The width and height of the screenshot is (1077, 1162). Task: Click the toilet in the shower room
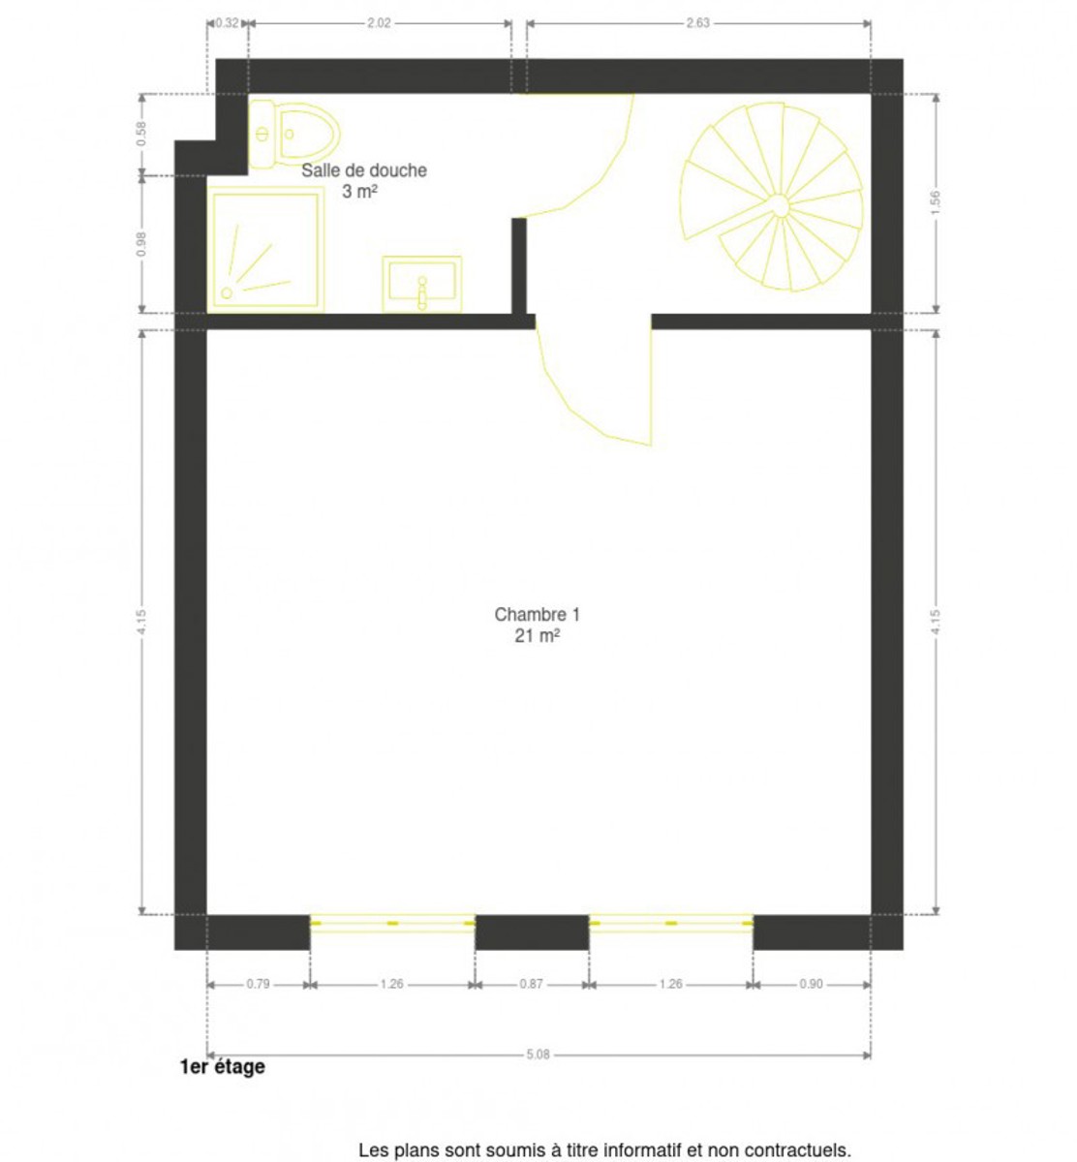294,134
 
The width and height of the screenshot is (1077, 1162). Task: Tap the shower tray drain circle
227,292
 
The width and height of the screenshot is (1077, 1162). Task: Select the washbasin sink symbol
421,285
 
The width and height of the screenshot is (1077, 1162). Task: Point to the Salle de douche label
363,170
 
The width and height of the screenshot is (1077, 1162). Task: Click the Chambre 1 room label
537,614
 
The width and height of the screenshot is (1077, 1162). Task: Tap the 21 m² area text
537,635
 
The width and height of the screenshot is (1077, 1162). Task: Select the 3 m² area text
359,192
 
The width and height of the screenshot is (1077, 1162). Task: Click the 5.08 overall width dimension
538,1055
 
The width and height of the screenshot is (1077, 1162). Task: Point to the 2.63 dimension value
697,23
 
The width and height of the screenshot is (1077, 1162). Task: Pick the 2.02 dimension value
378,23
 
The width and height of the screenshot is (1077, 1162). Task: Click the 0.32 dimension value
227,23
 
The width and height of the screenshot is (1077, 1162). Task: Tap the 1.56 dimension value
935,202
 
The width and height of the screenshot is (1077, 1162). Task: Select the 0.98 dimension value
141,244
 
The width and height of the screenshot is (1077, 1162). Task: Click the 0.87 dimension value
531,984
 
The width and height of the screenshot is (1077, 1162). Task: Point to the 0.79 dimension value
258,984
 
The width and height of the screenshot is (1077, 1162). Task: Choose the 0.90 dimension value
811,984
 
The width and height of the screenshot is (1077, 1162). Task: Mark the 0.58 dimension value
141,134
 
